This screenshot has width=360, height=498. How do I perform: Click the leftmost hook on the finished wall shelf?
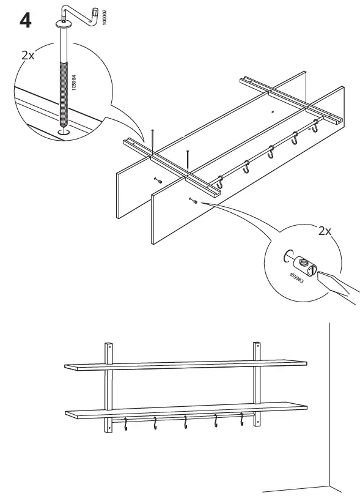(x=126, y=423)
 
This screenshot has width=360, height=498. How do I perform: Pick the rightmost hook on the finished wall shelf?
(x=242, y=420)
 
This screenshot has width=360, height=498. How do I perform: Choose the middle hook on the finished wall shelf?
(x=185, y=422)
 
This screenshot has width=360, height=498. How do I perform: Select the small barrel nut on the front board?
(x=193, y=199)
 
